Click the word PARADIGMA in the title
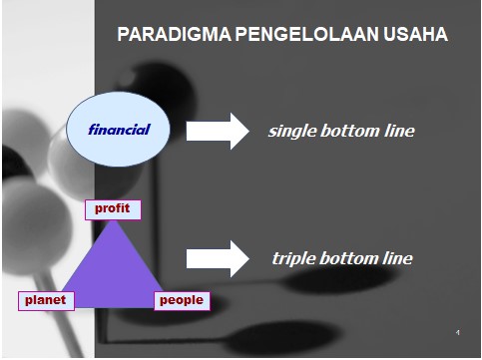(x=175, y=34)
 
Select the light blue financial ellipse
(x=118, y=129)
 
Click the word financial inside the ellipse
(x=119, y=130)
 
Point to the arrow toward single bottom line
(x=218, y=131)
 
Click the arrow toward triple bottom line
(x=218, y=259)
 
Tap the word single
(x=292, y=132)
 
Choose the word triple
(x=293, y=259)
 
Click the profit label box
(x=113, y=209)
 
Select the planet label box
(x=46, y=301)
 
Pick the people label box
(x=182, y=301)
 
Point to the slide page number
(x=458, y=332)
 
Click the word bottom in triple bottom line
(x=348, y=258)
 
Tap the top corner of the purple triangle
(x=113, y=220)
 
